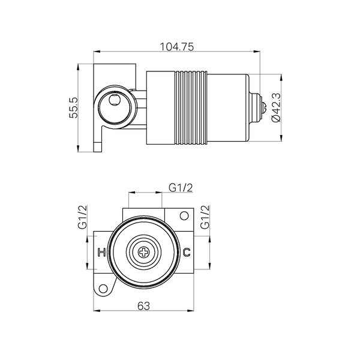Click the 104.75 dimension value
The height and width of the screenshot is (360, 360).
[x=176, y=47]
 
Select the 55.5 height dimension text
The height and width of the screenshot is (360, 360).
[x=74, y=108]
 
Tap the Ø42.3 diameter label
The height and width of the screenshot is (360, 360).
[x=276, y=107]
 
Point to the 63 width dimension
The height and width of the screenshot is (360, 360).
[x=144, y=306]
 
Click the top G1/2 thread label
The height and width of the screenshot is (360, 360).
[x=181, y=188]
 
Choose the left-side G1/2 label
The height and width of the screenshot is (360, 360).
[x=83, y=217]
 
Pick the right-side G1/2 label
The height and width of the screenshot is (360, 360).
[x=205, y=217]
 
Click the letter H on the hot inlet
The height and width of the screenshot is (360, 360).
[x=101, y=253]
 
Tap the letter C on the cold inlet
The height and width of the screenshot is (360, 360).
[x=187, y=253]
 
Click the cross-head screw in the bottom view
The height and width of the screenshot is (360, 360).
[x=144, y=253]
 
